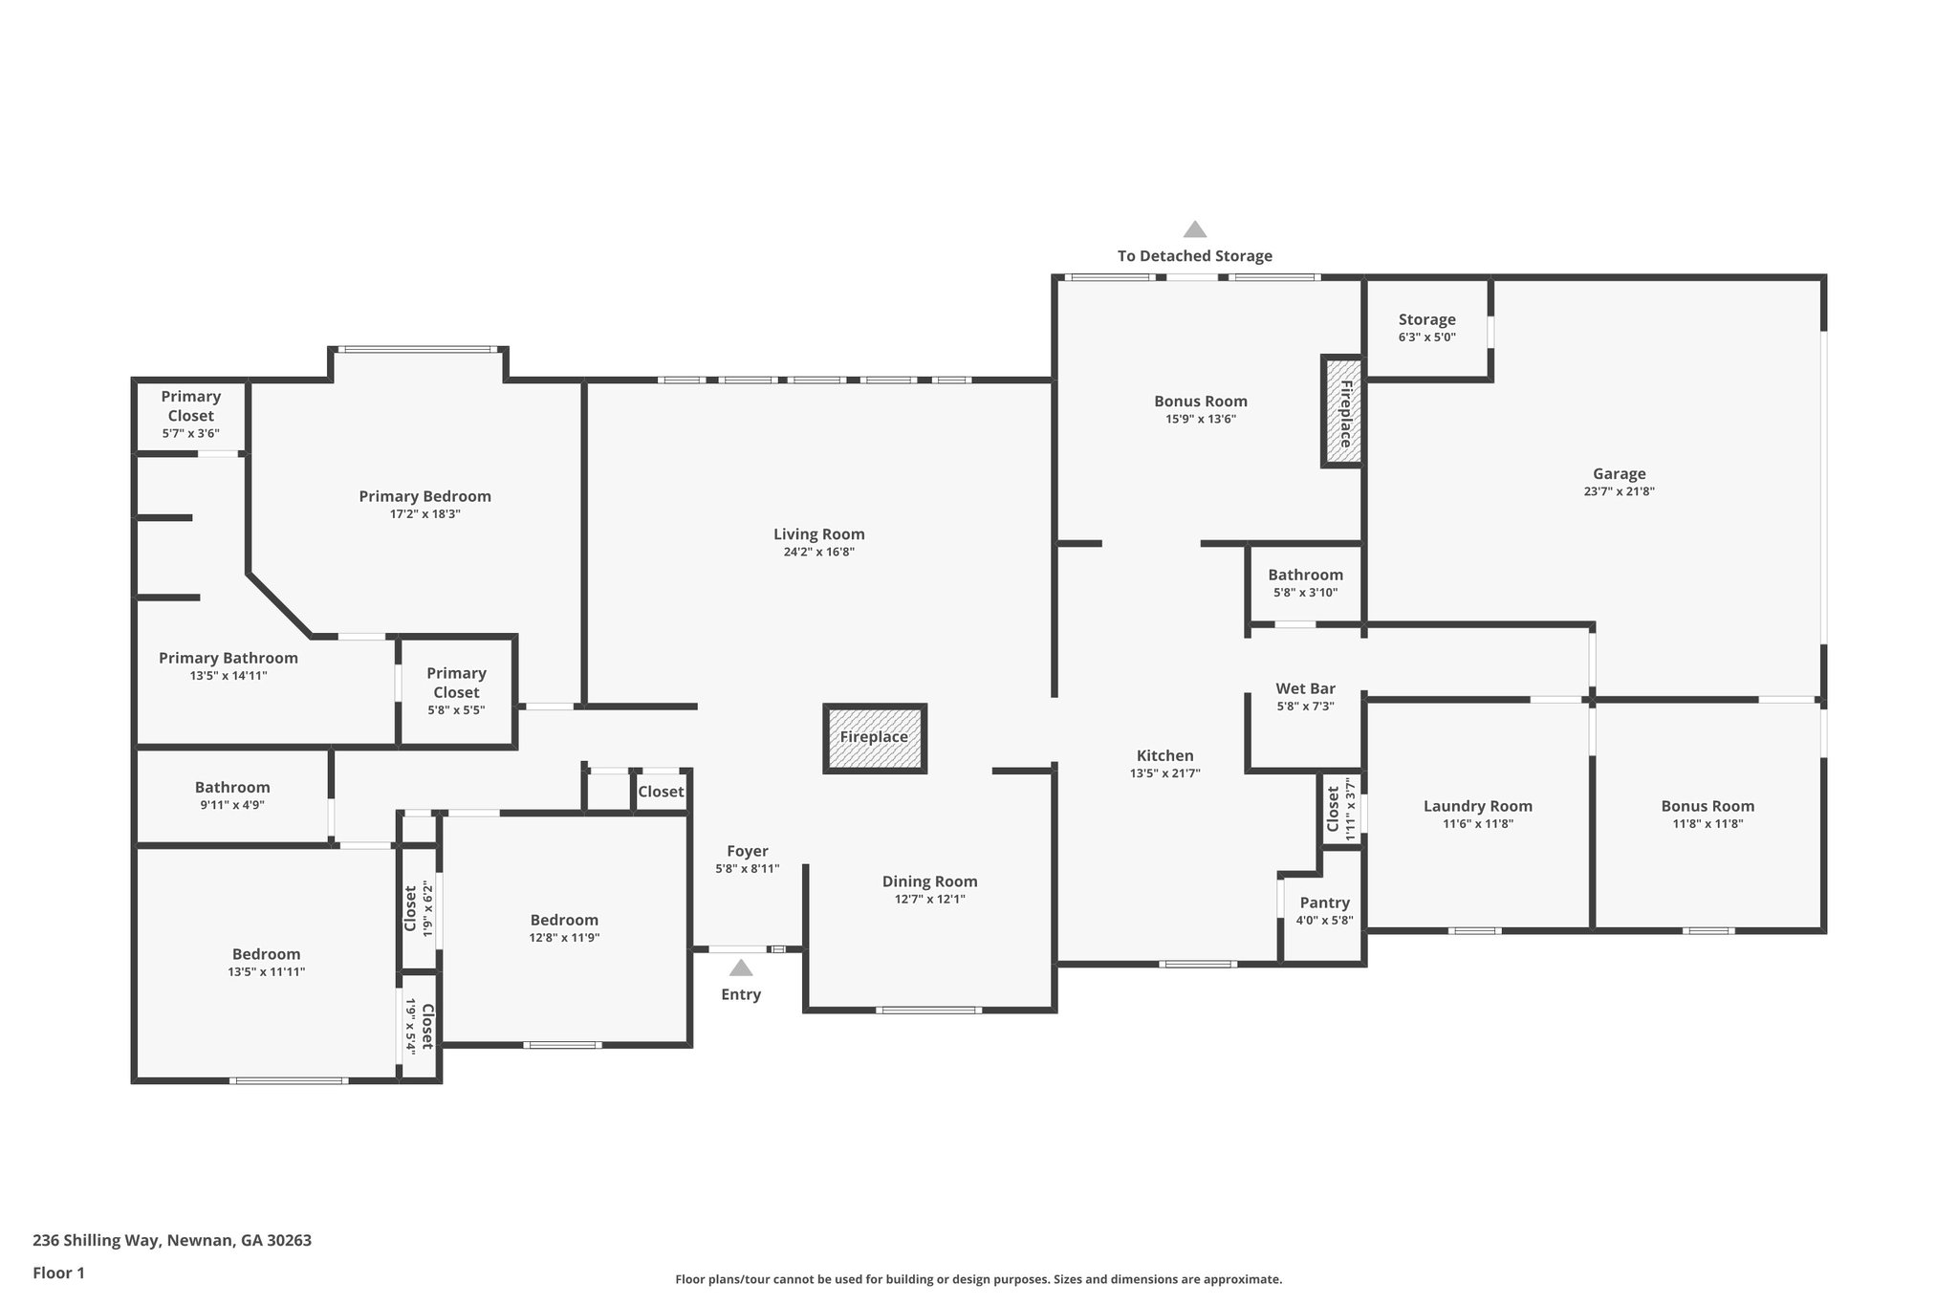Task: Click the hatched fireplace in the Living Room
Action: (874, 738)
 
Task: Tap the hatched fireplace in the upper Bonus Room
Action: (1343, 411)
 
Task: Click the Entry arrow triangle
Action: (741, 968)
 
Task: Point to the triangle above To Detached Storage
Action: (1195, 229)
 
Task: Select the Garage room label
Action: (1620, 473)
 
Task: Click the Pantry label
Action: (1325, 903)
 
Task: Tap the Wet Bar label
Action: (1305, 688)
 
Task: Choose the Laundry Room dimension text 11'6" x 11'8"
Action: (1478, 824)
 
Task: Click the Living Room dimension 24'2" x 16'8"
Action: (818, 552)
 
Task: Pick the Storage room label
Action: (1427, 319)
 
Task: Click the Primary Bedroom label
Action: (425, 496)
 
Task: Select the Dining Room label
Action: (930, 881)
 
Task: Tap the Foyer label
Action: (748, 851)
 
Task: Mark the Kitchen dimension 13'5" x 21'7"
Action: (1164, 773)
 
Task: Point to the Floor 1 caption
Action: (58, 1272)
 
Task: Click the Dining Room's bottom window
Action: (929, 1010)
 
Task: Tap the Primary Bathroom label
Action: (228, 658)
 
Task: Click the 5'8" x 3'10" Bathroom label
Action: (1305, 575)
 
